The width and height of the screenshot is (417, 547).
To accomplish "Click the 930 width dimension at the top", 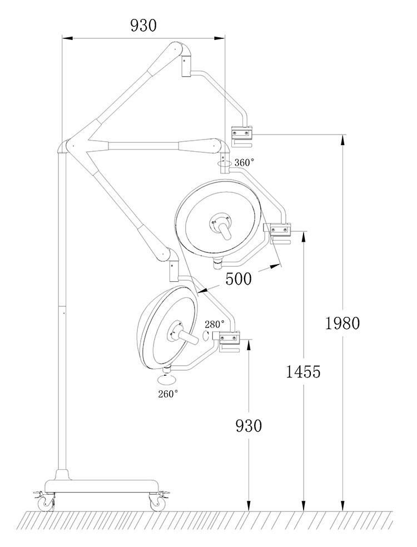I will (x=143, y=25).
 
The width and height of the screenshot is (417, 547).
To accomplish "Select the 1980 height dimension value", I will (x=343, y=322).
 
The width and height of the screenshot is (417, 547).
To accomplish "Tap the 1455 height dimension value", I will (x=303, y=371).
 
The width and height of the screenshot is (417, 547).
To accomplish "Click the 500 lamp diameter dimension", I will (x=239, y=279).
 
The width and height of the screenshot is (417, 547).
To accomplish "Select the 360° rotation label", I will (x=244, y=162).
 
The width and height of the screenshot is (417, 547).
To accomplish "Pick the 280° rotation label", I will (x=215, y=324).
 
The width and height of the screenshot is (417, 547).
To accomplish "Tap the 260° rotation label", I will (x=167, y=394).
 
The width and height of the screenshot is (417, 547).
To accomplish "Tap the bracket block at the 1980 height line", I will (x=242, y=132).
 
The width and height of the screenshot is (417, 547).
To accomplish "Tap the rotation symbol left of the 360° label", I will (x=225, y=163).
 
